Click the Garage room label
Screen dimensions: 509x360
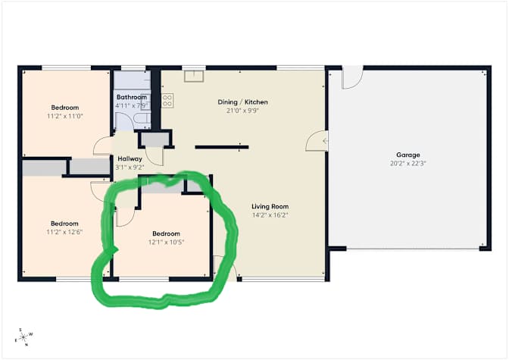[408, 155]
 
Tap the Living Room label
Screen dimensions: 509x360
[270, 207]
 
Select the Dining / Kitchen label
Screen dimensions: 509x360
[243, 102]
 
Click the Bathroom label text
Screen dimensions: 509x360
[132, 97]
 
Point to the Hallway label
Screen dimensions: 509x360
[130, 159]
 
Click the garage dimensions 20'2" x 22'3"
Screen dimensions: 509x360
[408, 164]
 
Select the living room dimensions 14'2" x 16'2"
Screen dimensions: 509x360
[270, 215]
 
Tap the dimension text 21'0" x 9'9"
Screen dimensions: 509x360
[243, 111]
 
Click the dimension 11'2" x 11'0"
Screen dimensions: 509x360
[65, 116]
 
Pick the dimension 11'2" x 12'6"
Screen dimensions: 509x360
[64, 232]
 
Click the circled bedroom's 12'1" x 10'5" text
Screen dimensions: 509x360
[166, 242]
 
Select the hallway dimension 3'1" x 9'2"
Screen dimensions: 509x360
[130, 167]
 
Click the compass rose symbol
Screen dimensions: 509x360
[23, 337]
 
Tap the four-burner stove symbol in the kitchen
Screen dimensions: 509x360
[167, 100]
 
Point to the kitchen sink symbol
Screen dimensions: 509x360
[194, 76]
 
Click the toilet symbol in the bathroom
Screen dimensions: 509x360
[142, 120]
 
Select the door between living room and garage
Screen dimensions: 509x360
[317, 141]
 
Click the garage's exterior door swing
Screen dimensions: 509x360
[352, 77]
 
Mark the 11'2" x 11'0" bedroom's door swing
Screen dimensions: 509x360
[102, 146]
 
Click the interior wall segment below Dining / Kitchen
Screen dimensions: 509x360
[222, 147]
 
